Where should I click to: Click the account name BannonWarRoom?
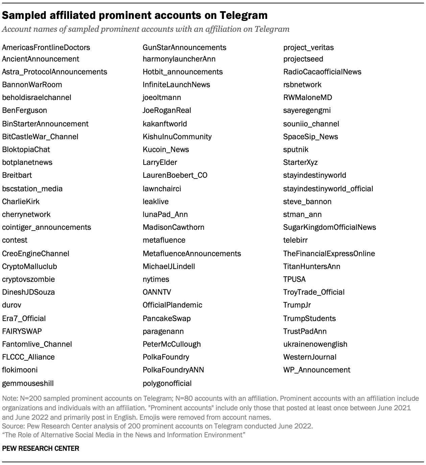(32, 84)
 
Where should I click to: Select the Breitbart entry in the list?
(17, 175)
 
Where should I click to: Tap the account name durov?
(11, 305)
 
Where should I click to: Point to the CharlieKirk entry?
(21, 201)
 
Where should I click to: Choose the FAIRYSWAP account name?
(22, 331)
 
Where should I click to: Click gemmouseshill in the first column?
(28, 383)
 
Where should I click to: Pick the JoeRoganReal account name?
(167, 110)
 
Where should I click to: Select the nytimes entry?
(156, 279)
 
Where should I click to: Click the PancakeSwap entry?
(167, 318)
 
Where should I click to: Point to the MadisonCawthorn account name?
(173, 227)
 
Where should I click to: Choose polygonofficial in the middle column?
(167, 383)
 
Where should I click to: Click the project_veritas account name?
(308, 47)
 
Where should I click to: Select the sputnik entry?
(296, 149)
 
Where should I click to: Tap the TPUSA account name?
(294, 279)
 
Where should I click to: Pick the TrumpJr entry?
(297, 305)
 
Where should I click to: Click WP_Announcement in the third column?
(317, 370)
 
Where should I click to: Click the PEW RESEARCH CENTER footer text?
(41, 448)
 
